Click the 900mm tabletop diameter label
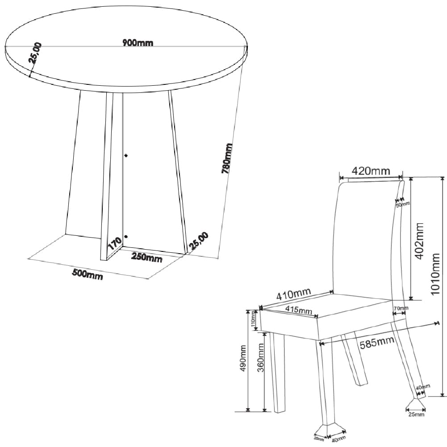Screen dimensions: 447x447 [x=138, y=43]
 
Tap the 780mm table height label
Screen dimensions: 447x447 [x=227, y=158]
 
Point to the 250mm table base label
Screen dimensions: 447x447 [x=146, y=257]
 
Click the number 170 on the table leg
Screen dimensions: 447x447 [x=115, y=244]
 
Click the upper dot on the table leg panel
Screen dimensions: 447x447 [x=126, y=155]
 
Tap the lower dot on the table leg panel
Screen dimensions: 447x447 [x=126, y=237]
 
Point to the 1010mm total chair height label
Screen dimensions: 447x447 [x=435, y=274]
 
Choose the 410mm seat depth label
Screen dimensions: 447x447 [x=293, y=294]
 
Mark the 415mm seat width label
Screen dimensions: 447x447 [x=299, y=309]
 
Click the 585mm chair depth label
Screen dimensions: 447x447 [x=377, y=343]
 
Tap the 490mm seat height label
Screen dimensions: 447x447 [x=243, y=358]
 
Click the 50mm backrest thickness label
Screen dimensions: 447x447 [x=402, y=205]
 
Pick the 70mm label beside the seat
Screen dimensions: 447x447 [x=401, y=308]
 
